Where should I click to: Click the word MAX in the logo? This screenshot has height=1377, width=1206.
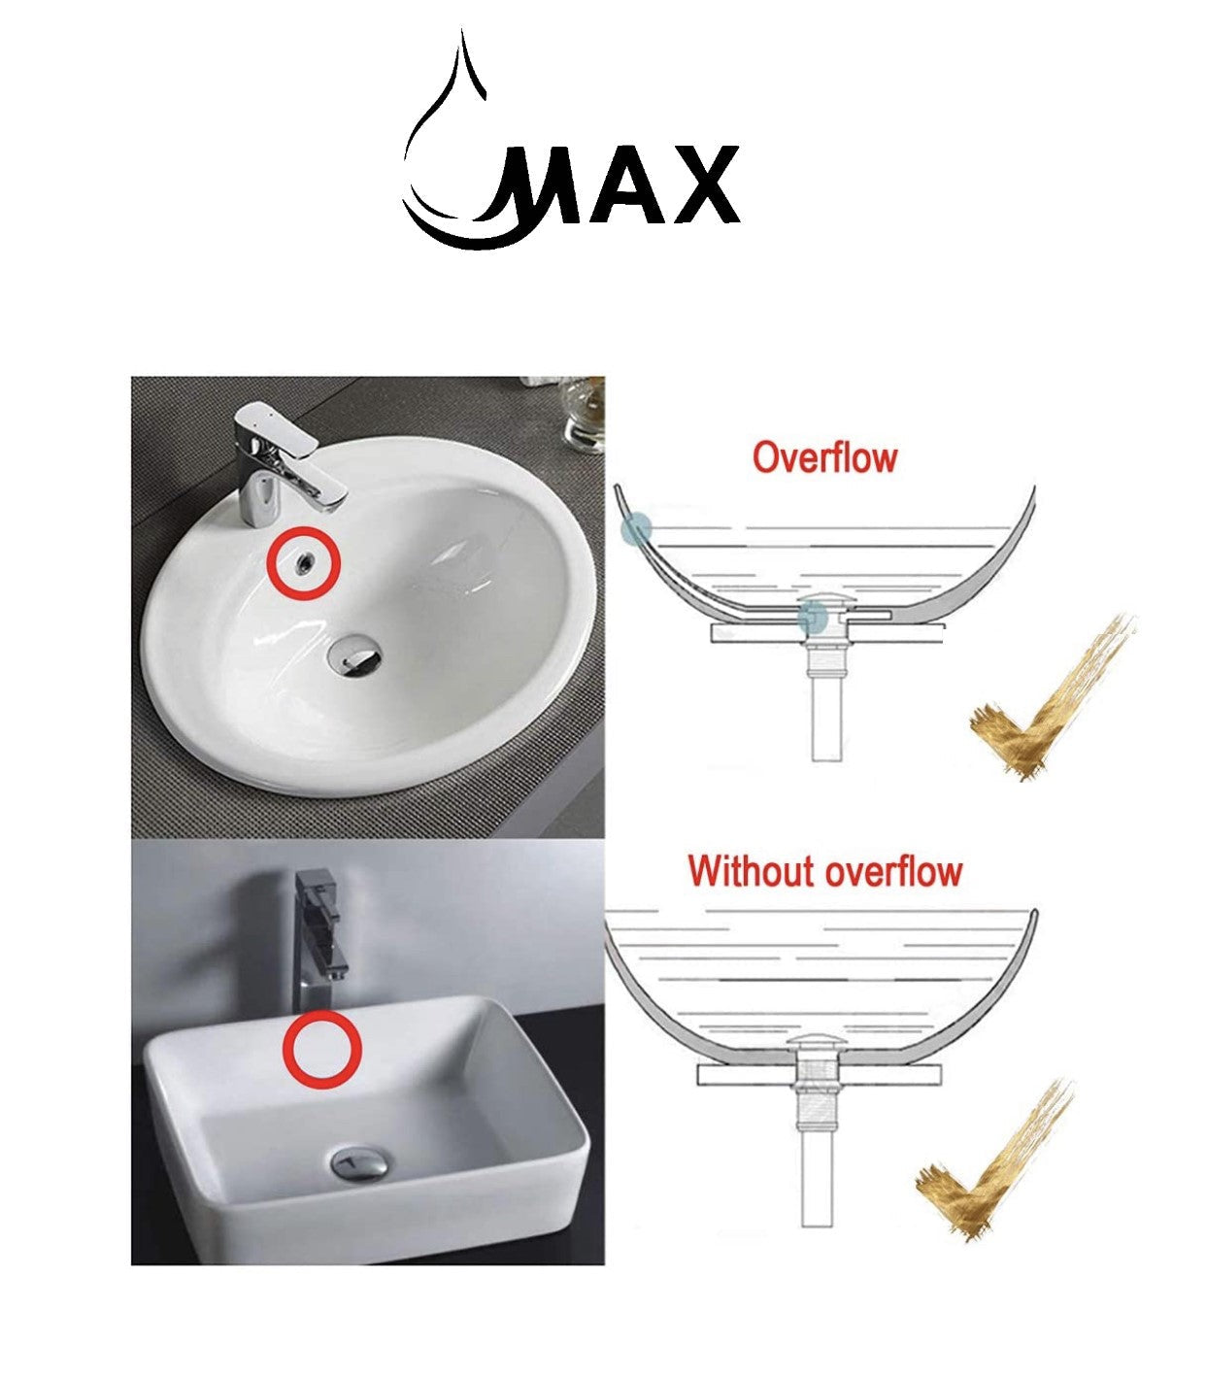pos(621,186)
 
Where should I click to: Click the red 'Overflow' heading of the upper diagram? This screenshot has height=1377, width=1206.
pos(824,456)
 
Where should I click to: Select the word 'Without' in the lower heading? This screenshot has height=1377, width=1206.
pos(753,870)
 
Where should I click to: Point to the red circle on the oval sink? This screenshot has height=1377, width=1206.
pos(303,564)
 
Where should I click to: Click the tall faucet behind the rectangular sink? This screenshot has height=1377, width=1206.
pos(317,932)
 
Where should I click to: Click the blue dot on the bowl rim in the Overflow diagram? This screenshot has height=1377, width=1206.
pos(636,529)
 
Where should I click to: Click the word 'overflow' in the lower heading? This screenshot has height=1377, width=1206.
pos(893,870)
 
